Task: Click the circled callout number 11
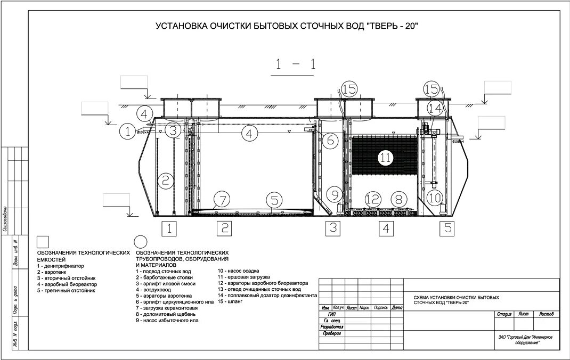click(x=385, y=157)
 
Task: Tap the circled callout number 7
click(x=223, y=201)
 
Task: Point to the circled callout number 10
click(x=435, y=198)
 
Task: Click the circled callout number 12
click(x=373, y=200)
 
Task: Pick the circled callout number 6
click(x=330, y=141)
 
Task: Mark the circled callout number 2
click(x=166, y=181)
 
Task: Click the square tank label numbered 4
click(x=387, y=228)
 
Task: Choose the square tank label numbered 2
click(x=224, y=228)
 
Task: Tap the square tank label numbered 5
click(x=448, y=228)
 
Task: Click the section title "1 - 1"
click(x=295, y=65)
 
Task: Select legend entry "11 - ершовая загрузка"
click(x=244, y=277)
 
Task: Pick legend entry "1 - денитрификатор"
click(x=61, y=265)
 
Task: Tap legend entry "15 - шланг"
click(x=230, y=301)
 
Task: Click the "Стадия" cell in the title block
click(x=504, y=314)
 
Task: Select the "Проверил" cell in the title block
click(x=331, y=333)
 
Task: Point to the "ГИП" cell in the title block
click(x=331, y=314)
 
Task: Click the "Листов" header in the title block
click(x=547, y=314)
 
